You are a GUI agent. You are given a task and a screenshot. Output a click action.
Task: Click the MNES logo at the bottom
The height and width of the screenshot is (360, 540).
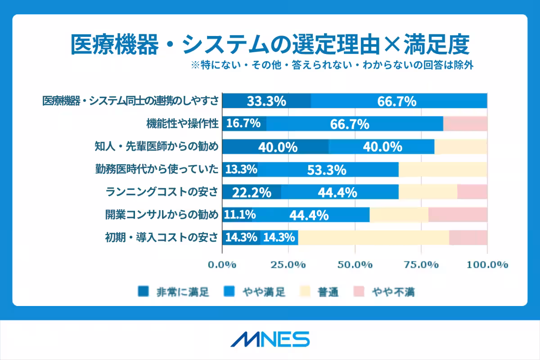point(270,339)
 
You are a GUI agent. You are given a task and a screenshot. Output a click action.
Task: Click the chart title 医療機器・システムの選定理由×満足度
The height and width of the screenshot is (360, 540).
point(270,45)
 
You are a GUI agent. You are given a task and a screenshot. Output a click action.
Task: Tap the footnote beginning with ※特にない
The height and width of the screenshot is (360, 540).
point(333,65)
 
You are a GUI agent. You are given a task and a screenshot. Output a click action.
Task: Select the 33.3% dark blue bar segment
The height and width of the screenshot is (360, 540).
point(266,101)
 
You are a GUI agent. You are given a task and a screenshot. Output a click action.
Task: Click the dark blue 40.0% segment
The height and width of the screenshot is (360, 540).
point(275,147)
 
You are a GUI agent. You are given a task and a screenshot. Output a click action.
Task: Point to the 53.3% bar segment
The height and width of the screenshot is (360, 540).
point(326,170)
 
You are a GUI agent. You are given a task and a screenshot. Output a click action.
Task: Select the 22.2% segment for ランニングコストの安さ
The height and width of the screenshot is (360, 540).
point(252,192)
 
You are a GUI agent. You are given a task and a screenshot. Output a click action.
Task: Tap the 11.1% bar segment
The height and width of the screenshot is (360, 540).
point(240,215)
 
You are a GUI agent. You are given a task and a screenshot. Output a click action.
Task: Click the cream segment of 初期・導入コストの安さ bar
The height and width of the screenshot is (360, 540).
point(373,238)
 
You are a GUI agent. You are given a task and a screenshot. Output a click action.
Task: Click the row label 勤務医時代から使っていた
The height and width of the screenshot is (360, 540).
point(156,170)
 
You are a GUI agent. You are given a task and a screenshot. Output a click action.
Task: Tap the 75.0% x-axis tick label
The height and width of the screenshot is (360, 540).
point(421,265)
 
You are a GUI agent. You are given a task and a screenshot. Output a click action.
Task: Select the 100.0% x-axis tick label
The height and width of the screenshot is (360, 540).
point(487,265)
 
